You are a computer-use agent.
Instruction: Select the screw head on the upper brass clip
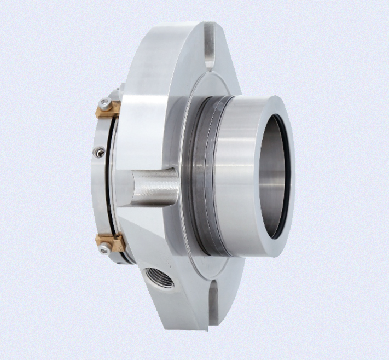(x=103, y=104)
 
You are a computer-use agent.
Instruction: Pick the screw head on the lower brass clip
(x=104, y=249)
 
